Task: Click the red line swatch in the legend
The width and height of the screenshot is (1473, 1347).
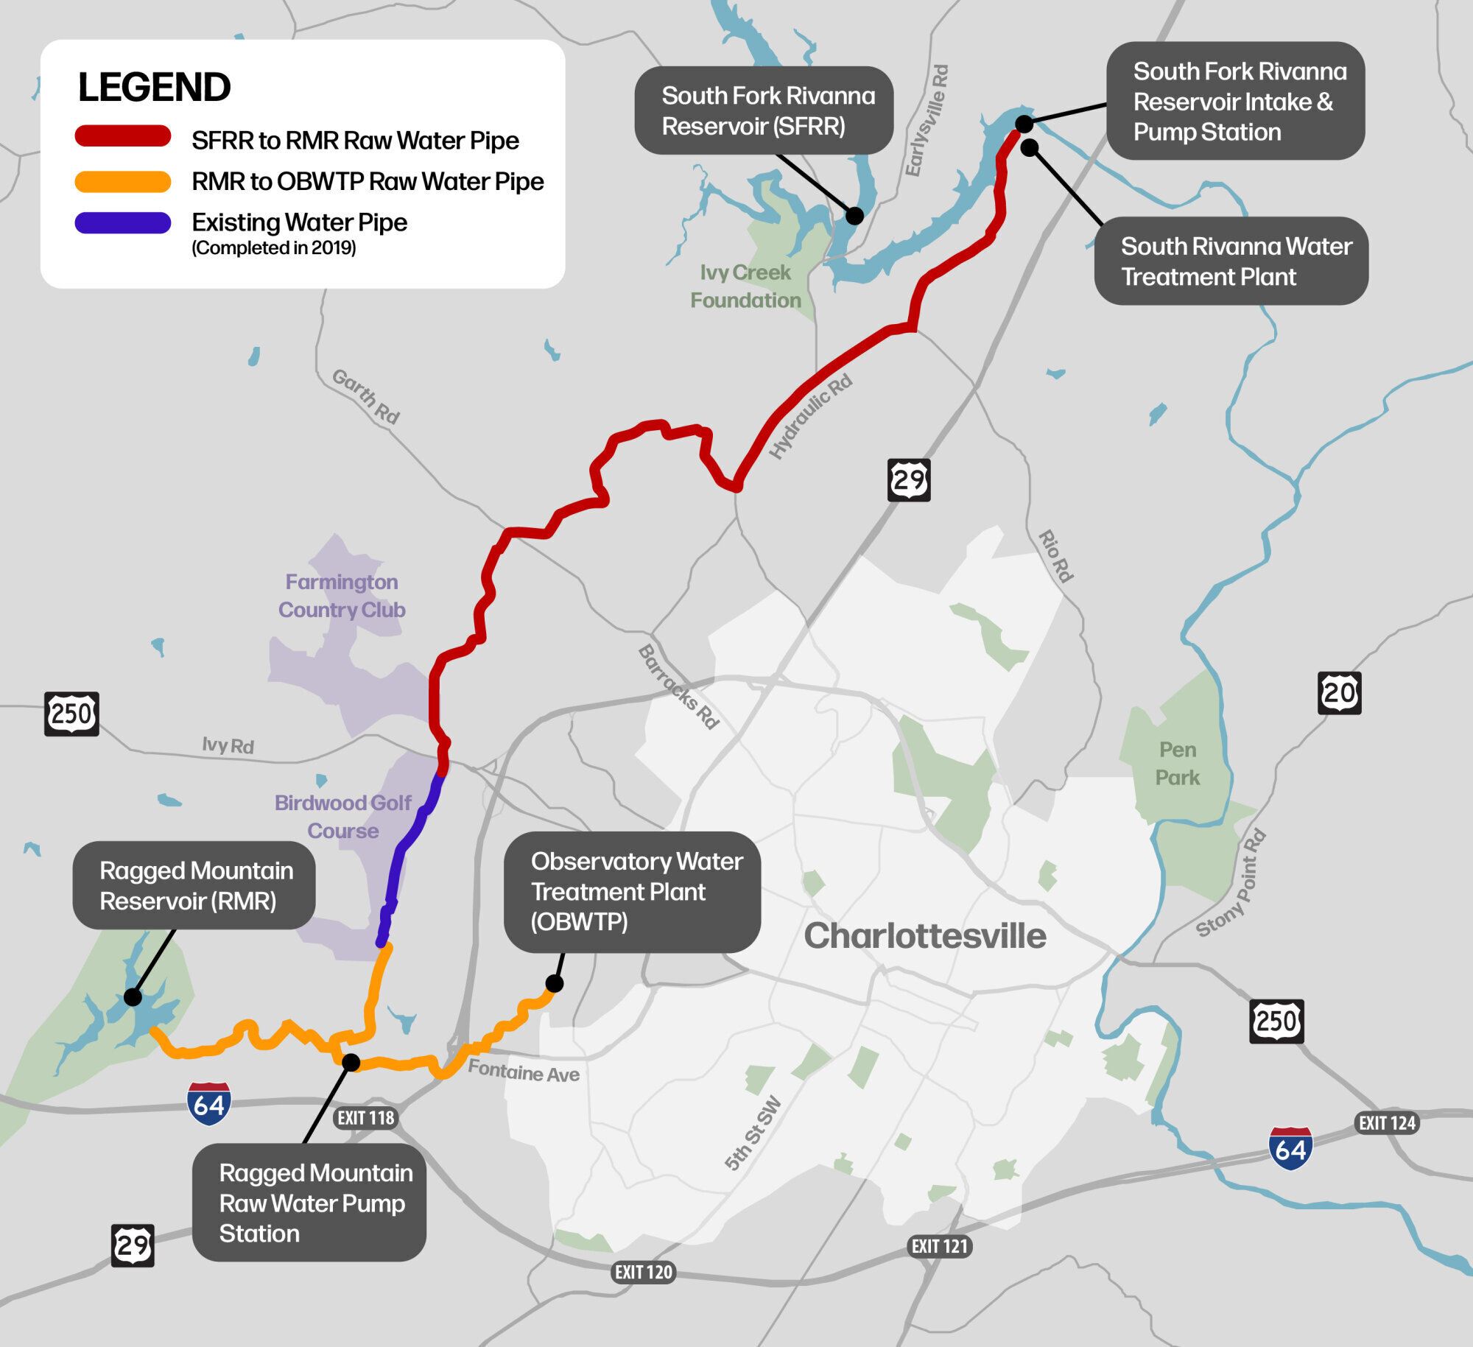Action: point(123,137)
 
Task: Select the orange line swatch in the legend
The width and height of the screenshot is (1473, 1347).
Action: point(123,180)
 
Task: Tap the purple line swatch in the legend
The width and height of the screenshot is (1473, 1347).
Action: point(123,222)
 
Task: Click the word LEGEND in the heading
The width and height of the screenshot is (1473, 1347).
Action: point(154,87)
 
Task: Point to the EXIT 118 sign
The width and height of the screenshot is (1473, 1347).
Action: point(365,1118)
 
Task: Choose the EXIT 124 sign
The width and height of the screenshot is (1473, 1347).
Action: point(1387,1123)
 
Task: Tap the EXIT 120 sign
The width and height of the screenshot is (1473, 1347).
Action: point(643,1273)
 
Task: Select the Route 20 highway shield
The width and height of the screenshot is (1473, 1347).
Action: point(1339,693)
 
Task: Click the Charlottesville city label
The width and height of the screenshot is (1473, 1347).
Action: point(924,936)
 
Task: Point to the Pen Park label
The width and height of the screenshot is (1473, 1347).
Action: point(1177,764)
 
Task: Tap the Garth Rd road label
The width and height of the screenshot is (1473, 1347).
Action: point(365,397)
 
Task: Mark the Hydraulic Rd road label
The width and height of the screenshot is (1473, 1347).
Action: point(810,417)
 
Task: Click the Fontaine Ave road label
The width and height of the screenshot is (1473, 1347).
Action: point(524,1072)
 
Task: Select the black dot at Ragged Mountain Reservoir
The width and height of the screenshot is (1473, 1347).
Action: point(133,997)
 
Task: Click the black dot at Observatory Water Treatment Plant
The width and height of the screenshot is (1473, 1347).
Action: point(554,984)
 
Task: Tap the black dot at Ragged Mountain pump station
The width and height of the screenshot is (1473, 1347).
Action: point(351,1062)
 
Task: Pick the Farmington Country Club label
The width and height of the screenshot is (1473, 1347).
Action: point(342,596)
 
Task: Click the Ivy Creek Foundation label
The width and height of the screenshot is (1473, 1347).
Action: point(745,286)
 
